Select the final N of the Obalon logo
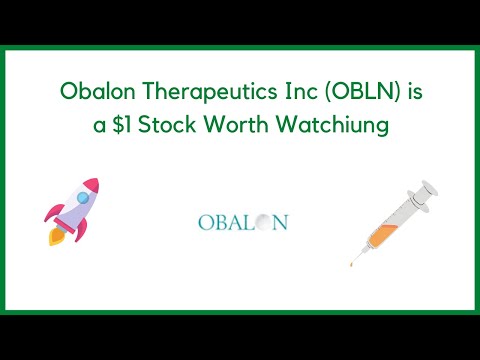[279, 221]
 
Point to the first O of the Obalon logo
[205, 221]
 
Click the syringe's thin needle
[356, 256]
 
